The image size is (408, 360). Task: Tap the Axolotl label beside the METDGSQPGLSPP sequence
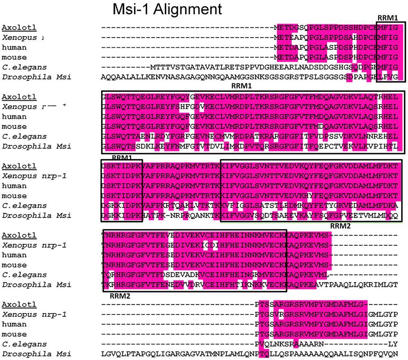tap(19, 28)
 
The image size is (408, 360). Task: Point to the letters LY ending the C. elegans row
tap(393, 344)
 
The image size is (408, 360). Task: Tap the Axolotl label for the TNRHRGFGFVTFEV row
tap(19, 236)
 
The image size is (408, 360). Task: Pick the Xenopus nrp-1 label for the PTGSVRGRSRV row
tap(34, 315)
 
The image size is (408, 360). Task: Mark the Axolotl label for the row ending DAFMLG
tap(19, 305)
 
